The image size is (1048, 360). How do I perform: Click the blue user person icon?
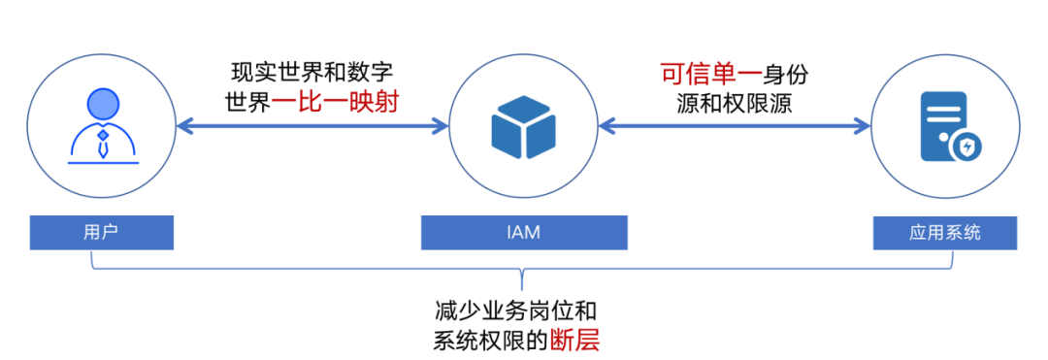(x=101, y=125)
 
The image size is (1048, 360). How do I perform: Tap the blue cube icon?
(x=524, y=126)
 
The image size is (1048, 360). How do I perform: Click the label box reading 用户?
(x=101, y=233)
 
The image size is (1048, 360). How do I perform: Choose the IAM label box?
(x=524, y=233)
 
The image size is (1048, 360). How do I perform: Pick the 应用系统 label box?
(x=945, y=233)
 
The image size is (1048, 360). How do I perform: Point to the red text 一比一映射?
(x=337, y=101)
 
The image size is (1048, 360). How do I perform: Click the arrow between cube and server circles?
(x=735, y=125)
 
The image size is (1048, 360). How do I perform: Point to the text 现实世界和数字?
(x=312, y=73)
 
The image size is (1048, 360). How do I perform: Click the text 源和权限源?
(x=735, y=102)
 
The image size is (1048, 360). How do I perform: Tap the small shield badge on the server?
(x=966, y=147)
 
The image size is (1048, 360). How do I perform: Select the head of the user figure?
(x=101, y=104)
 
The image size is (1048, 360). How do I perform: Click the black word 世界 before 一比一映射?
(x=247, y=101)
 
